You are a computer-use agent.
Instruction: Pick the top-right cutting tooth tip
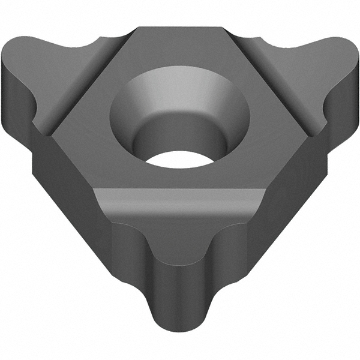[x=342, y=54]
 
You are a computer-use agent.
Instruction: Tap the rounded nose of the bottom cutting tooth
[x=180, y=336]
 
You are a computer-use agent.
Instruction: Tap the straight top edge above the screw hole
[x=180, y=26]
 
